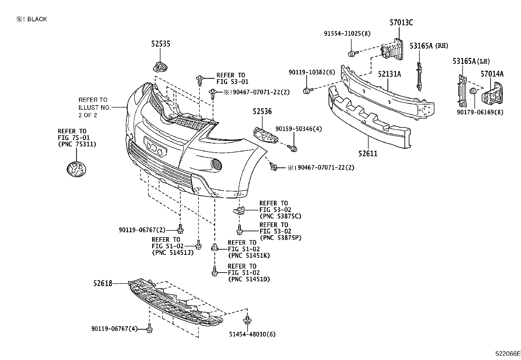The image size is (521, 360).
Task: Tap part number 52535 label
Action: pos(160,44)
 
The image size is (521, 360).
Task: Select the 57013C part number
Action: pos(401,23)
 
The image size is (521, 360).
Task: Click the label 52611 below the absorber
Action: pos(368,153)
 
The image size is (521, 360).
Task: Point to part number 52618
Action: pos(102,283)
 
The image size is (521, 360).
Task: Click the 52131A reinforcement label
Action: pos(389,74)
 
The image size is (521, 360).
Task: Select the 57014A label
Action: pos(492,74)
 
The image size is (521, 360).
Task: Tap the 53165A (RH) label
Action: pos(429,46)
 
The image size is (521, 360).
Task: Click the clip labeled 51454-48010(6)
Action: pos(247,320)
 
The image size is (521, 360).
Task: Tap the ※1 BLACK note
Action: pos(31,19)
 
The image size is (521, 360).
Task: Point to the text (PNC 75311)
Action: pos(77,144)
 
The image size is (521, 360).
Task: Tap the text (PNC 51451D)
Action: pos(249,279)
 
